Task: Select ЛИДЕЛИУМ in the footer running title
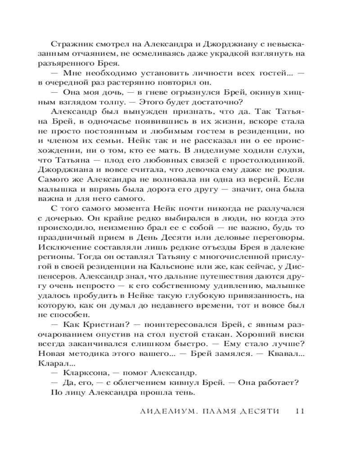coord(164,411)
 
